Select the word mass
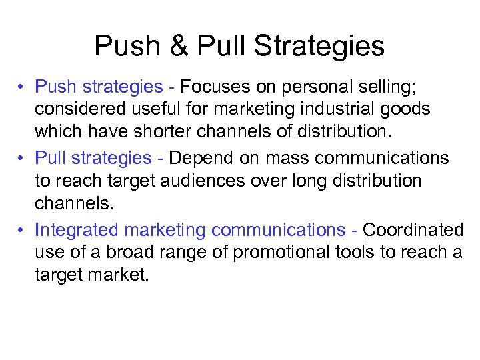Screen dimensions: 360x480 [283, 158]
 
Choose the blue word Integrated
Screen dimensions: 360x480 [73, 230]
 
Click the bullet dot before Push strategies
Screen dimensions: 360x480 [22, 87]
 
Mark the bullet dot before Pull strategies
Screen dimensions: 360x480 [22, 159]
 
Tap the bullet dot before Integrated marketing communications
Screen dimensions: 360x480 [22, 231]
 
